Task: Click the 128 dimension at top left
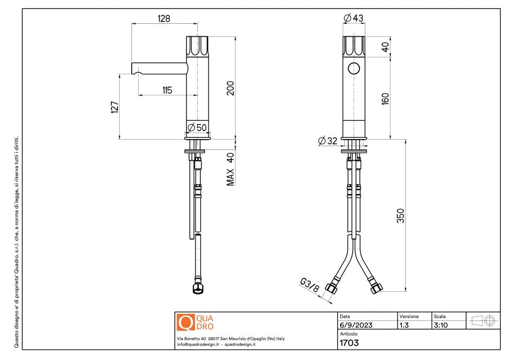click(x=164, y=18)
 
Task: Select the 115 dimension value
click(x=167, y=90)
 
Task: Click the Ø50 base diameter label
click(x=197, y=128)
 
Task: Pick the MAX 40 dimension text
click(x=230, y=169)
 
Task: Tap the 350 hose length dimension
click(x=401, y=215)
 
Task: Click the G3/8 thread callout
click(x=309, y=285)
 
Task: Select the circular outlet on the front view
click(x=354, y=68)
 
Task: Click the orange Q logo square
click(x=186, y=322)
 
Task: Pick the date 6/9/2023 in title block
click(x=355, y=325)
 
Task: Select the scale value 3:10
click(x=440, y=325)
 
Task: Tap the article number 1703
click(x=349, y=343)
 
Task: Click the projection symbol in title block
click(x=484, y=320)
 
